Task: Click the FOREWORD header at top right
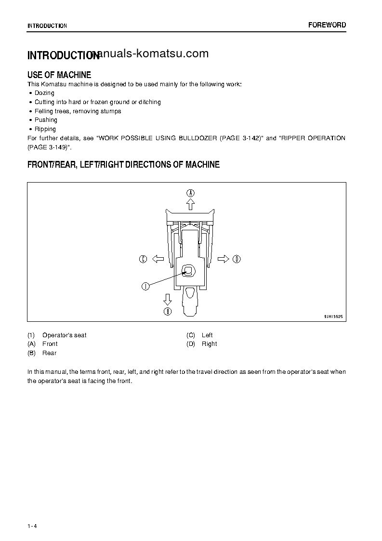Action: [x=327, y=25]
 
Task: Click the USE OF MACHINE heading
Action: [x=59, y=75]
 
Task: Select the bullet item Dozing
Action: [x=44, y=93]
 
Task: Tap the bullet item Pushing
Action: [x=46, y=120]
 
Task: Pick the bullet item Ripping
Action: [x=45, y=129]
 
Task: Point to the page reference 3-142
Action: [x=250, y=138]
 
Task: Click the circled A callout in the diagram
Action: [x=191, y=192]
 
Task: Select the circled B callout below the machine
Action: [x=168, y=311]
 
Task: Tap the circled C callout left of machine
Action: [x=143, y=259]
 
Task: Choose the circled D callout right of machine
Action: [x=237, y=259]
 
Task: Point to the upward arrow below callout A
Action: [x=191, y=205]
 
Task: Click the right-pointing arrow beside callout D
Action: [x=223, y=259]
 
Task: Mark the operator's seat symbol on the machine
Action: [x=189, y=272]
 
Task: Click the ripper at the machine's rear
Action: [x=190, y=301]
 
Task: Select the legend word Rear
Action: [x=50, y=353]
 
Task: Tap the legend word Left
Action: [x=207, y=335]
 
